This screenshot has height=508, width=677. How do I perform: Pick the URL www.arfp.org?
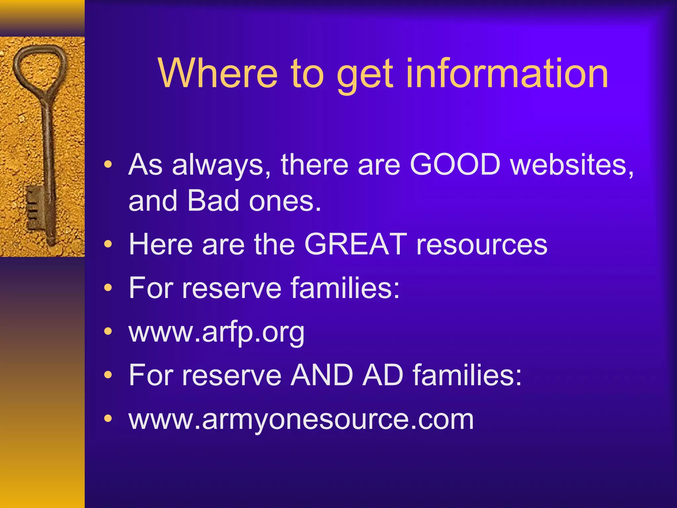point(217,332)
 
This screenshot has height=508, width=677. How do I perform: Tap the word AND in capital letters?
point(321,375)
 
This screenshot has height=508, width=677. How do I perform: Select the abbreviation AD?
point(382,375)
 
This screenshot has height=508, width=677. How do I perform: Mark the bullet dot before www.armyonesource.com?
point(108,418)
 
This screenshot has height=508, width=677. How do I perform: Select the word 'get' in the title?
point(365,75)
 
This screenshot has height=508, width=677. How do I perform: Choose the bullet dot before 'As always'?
point(108,164)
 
